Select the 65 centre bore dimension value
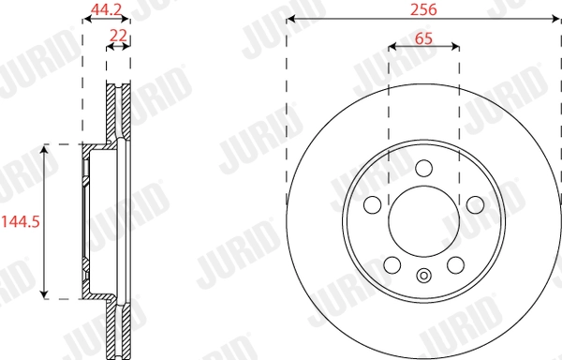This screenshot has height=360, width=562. (x=423, y=39)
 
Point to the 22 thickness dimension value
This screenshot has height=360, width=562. (x=118, y=35)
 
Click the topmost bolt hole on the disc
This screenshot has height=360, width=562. (x=423, y=168)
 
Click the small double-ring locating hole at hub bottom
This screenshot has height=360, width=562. (x=423, y=276)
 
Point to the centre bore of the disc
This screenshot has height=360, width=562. (x=423, y=221)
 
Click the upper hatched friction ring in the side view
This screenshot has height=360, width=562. (x=118, y=112)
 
